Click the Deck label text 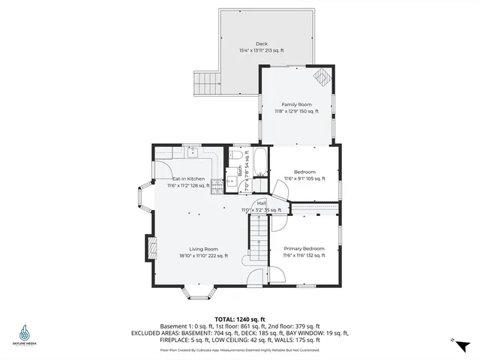point(261,43)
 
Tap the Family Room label point(296,104)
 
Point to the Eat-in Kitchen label point(188,178)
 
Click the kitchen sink point(192,150)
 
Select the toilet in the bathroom point(237,155)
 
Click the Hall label point(261,202)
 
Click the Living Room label point(203,249)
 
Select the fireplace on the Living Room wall point(150,248)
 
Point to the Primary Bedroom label point(304,248)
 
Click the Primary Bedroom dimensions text point(304,256)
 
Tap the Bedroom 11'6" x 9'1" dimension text point(304,178)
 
